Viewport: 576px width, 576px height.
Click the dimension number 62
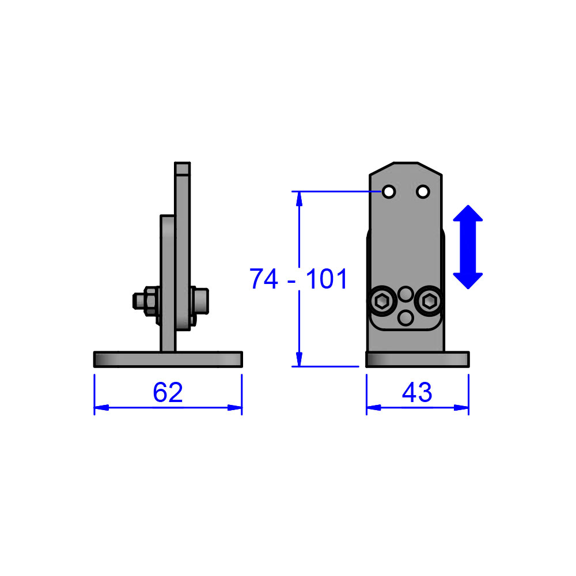[168, 393]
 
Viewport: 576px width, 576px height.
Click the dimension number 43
[417, 393]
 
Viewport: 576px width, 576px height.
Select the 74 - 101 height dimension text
[299, 279]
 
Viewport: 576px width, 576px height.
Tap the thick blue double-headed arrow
[468, 247]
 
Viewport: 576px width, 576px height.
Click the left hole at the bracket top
[389, 191]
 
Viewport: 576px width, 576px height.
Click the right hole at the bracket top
[423, 191]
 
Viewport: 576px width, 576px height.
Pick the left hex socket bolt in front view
[382, 300]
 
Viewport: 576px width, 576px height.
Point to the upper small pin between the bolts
[406, 294]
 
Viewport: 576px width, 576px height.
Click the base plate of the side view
[168, 359]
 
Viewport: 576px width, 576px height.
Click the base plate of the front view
[418, 359]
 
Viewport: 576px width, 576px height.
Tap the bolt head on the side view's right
[199, 301]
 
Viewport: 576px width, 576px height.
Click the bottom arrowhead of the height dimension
[299, 359]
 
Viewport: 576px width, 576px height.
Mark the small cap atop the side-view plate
[183, 168]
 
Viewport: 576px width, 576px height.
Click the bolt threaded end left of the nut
[138, 301]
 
